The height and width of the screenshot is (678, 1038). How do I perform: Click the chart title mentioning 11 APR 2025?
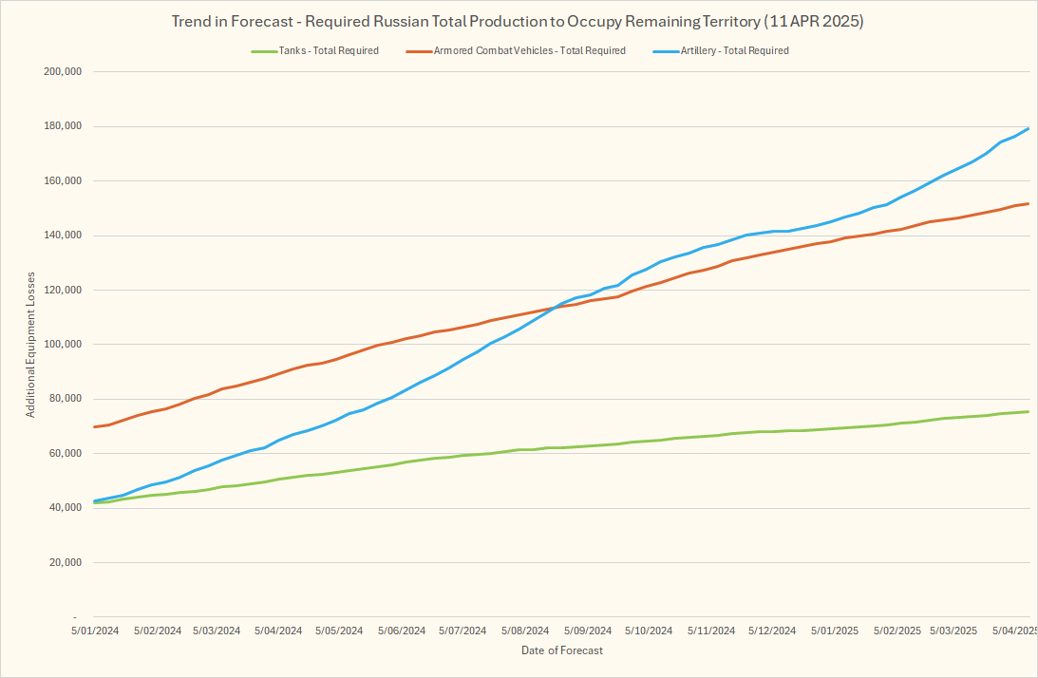[x=518, y=20]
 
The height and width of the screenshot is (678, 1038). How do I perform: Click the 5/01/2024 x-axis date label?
[x=94, y=631]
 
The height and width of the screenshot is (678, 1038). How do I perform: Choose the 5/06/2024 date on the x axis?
[x=402, y=631]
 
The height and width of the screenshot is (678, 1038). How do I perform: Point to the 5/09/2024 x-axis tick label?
[x=586, y=631]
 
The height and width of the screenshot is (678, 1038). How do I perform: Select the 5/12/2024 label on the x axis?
[x=771, y=631]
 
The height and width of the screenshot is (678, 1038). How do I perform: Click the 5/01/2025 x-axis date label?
[x=833, y=631]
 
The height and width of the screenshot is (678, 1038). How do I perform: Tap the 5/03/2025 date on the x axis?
[x=953, y=631]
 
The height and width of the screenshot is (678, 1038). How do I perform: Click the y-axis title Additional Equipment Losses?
[x=31, y=344]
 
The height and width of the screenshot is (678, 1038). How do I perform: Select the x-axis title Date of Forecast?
[x=561, y=650]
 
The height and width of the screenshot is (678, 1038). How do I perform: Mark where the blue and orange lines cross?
[x=553, y=308]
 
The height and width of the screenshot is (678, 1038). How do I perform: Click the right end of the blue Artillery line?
[x=1029, y=128]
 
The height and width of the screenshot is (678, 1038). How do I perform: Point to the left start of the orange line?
[x=94, y=426]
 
